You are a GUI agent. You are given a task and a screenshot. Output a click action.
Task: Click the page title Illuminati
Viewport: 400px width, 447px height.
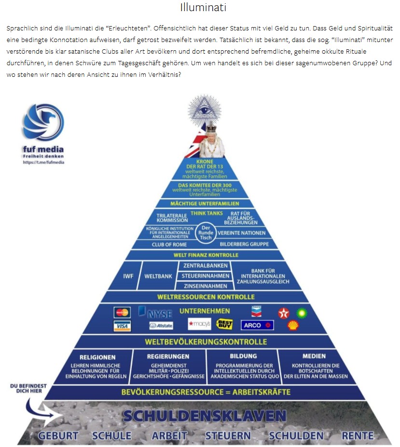(203, 8)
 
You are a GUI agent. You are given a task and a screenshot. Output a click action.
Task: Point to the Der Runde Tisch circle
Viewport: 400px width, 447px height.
(206, 232)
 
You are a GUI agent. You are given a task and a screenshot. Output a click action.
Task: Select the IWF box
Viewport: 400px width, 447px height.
(128, 276)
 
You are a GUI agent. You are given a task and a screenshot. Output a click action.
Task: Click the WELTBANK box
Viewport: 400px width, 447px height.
(158, 276)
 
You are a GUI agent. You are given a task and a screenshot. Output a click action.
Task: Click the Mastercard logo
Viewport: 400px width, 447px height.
(122, 312)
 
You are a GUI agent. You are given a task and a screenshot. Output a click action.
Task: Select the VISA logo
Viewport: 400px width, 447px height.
(122, 326)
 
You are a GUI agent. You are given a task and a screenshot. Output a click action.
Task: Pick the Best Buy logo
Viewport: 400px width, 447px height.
(225, 324)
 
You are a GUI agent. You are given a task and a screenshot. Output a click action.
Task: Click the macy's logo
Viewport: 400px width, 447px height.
(199, 324)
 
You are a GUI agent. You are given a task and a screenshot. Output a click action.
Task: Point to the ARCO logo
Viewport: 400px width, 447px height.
(257, 325)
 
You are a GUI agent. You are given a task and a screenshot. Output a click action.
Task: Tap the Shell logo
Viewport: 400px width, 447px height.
(292, 326)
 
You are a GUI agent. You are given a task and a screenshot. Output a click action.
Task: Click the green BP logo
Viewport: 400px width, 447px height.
(302, 313)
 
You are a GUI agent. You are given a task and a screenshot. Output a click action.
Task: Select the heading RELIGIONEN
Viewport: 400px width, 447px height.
(97, 357)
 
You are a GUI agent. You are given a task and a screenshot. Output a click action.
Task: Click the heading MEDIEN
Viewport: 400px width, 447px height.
(314, 356)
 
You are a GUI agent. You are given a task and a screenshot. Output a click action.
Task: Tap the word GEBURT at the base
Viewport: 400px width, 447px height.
(58, 435)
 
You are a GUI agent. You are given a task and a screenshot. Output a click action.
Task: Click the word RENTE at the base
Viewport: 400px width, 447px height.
(358, 435)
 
